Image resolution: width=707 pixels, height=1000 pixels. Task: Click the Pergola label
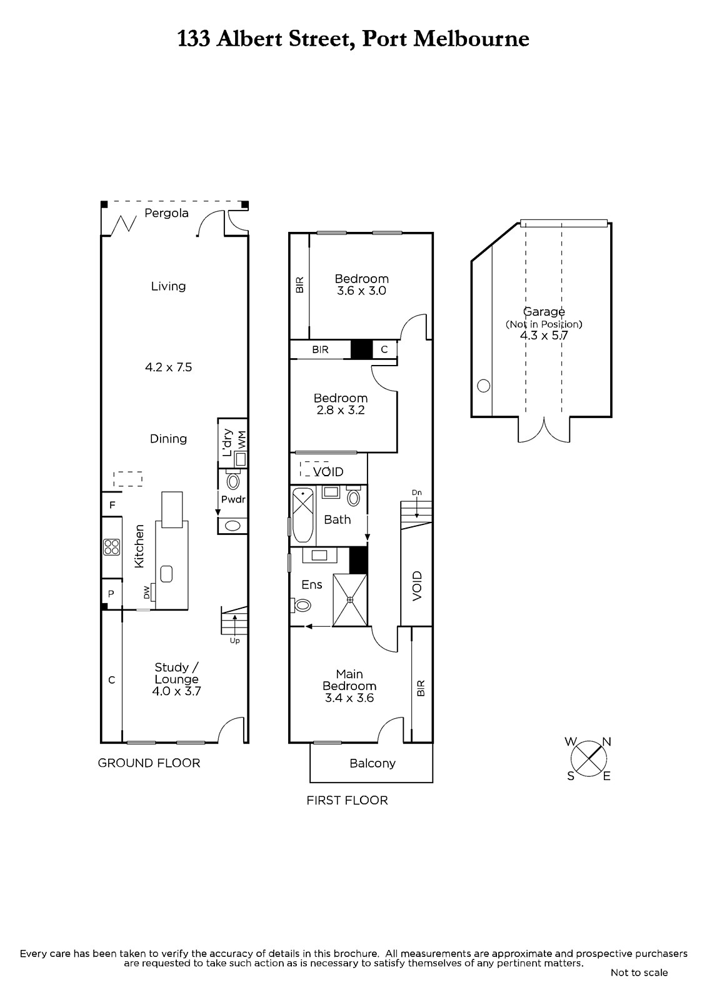pyautogui.click(x=166, y=213)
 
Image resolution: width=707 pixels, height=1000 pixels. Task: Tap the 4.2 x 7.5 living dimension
pyautogui.click(x=168, y=367)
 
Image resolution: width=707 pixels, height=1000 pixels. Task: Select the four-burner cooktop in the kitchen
pyautogui.click(x=112, y=547)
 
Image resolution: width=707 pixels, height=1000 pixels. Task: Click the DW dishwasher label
pyautogui.click(x=146, y=592)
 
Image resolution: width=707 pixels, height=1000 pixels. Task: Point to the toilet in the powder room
pyautogui.click(x=233, y=481)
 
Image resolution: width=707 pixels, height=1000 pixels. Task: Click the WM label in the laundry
pyautogui.click(x=242, y=441)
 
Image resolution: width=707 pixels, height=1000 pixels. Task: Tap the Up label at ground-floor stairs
pyautogui.click(x=234, y=641)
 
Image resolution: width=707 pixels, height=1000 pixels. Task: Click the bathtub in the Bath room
pyautogui.click(x=303, y=515)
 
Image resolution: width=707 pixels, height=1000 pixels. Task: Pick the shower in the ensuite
pyautogui.click(x=350, y=599)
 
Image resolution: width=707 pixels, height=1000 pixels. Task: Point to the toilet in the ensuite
pyautogui.click(x=302, y=606)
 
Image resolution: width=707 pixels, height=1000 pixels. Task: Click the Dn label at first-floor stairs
pyautogui.click(x=416, y=492)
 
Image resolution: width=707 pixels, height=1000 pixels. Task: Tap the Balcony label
pyautogui.click(x=373, y=763)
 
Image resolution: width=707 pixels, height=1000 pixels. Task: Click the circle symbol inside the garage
pyautogui.click(x=484, y=385)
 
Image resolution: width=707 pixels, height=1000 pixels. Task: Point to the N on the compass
pyautogui.click(x=606, y=741)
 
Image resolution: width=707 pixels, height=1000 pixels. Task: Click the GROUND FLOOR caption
pyautogui.click(x=149, y=763)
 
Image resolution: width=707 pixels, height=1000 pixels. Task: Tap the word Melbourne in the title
pyautogui.click(x=471, y=39)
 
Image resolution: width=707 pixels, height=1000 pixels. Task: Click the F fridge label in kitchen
pyautogui.click(x=112, y=505)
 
